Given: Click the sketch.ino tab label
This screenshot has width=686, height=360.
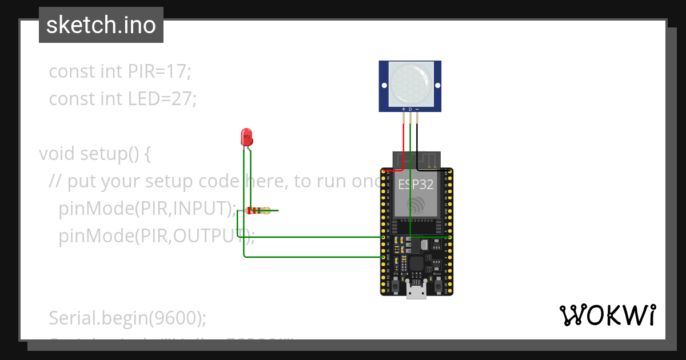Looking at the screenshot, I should [x=101, y=25].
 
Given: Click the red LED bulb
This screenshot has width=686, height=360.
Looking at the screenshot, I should [x=246, y=137].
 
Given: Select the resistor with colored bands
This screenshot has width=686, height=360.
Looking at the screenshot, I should [x=258, y=210].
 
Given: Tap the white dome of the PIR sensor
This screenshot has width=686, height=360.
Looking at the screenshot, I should [x=410, y=84].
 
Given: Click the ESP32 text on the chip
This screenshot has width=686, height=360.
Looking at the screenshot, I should [x=416, y=185].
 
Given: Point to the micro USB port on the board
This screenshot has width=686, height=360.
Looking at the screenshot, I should [x=416, y=291].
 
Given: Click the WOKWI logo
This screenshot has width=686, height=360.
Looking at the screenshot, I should [x=607, y=315].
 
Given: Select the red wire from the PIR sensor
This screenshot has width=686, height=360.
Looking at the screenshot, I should [x=405, y=146].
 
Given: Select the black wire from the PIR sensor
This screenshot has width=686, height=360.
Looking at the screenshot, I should [x=417, y=146].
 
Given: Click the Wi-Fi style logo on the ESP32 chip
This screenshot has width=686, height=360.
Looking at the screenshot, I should [x=417, y=206].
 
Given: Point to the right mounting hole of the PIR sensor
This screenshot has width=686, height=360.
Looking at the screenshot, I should [x=438, y=86].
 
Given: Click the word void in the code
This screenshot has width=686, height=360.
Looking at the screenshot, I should [x=57, y=154].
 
